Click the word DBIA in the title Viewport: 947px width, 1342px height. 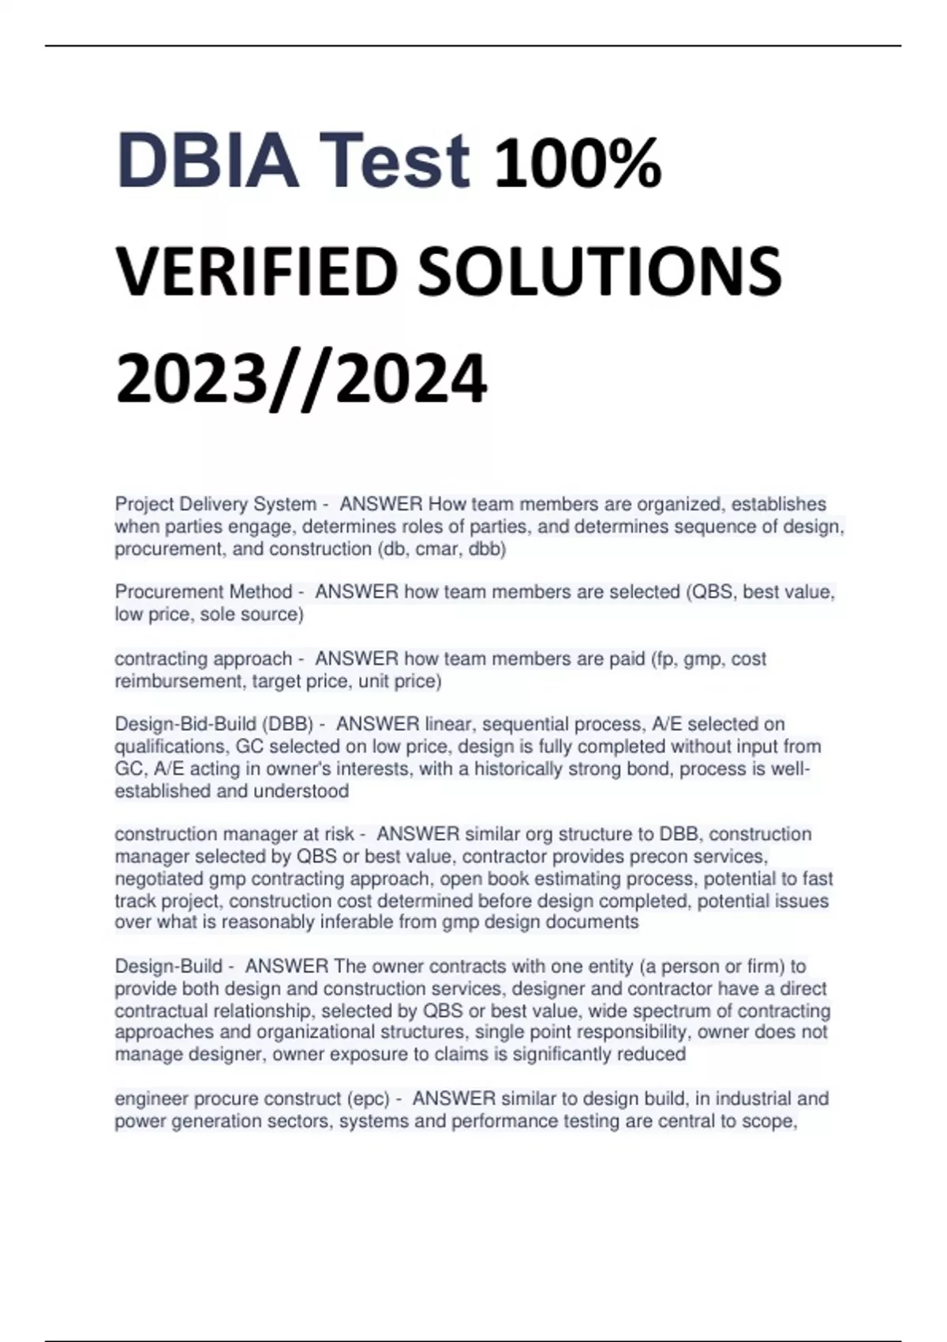tap(207, 161)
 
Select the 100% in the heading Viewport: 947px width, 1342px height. tap(578, 164)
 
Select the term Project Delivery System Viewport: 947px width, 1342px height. tap(215, 504)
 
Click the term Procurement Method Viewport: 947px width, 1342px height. tap(204, 592)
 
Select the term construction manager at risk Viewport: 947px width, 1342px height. tap(234, 834)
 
